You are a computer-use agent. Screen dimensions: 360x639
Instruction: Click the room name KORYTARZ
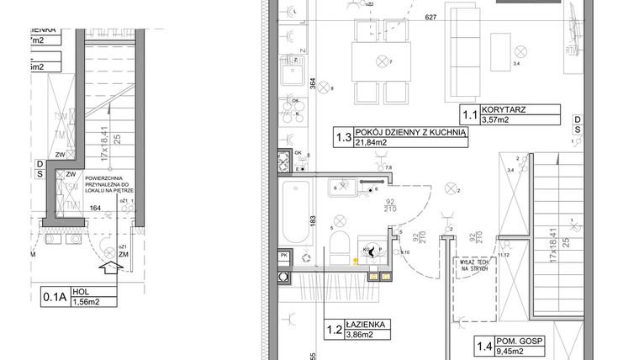(x=500, y=109)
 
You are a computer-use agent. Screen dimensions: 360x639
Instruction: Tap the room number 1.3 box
(x=342, y=138)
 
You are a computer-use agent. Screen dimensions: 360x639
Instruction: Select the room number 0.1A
(x=54, y=296)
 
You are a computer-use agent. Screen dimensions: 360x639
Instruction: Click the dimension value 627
(x=431, y=18)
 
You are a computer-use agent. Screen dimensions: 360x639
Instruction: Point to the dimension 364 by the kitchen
(x=312, y=84)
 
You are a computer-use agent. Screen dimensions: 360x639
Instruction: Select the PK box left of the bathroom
(x=284, y=255)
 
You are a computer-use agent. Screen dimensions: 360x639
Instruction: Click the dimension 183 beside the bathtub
(x=312, y=220)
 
